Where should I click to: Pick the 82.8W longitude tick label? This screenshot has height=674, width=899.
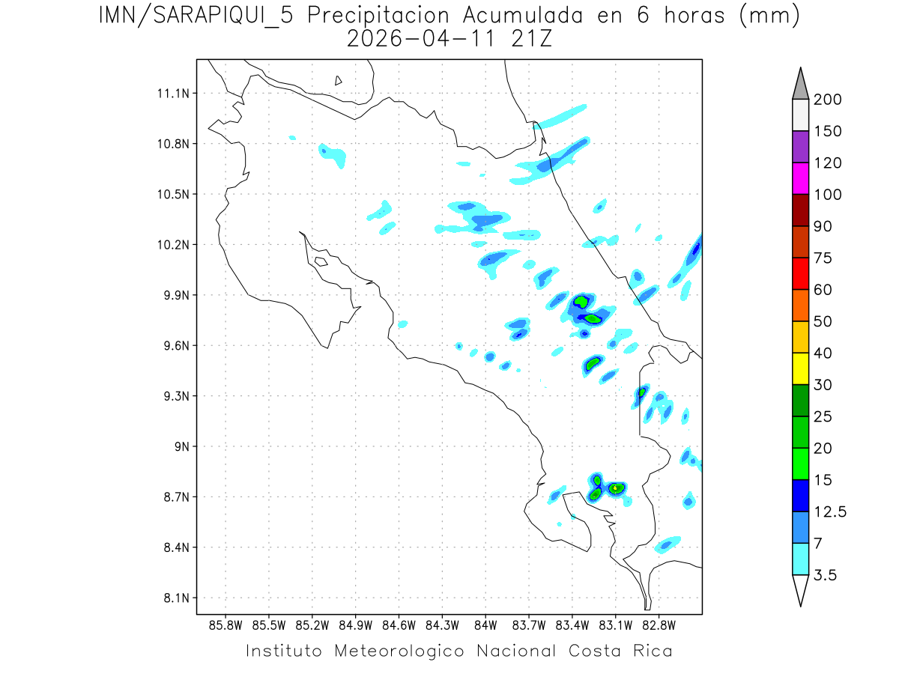[x=659, y=625]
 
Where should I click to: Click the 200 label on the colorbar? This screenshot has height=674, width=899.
[x=828, y=100]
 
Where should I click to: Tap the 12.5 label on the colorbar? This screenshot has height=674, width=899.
[x=830, y=511]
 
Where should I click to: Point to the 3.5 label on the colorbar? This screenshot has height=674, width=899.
[x=826, y=575]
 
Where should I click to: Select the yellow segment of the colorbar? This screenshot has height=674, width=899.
[x=801, y=368]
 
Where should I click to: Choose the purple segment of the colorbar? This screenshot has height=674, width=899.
[x=801, y=147]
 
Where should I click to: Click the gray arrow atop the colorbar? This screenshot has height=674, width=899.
[x=801, y=85]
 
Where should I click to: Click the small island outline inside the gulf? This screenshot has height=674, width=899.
[x=321, y=261]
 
